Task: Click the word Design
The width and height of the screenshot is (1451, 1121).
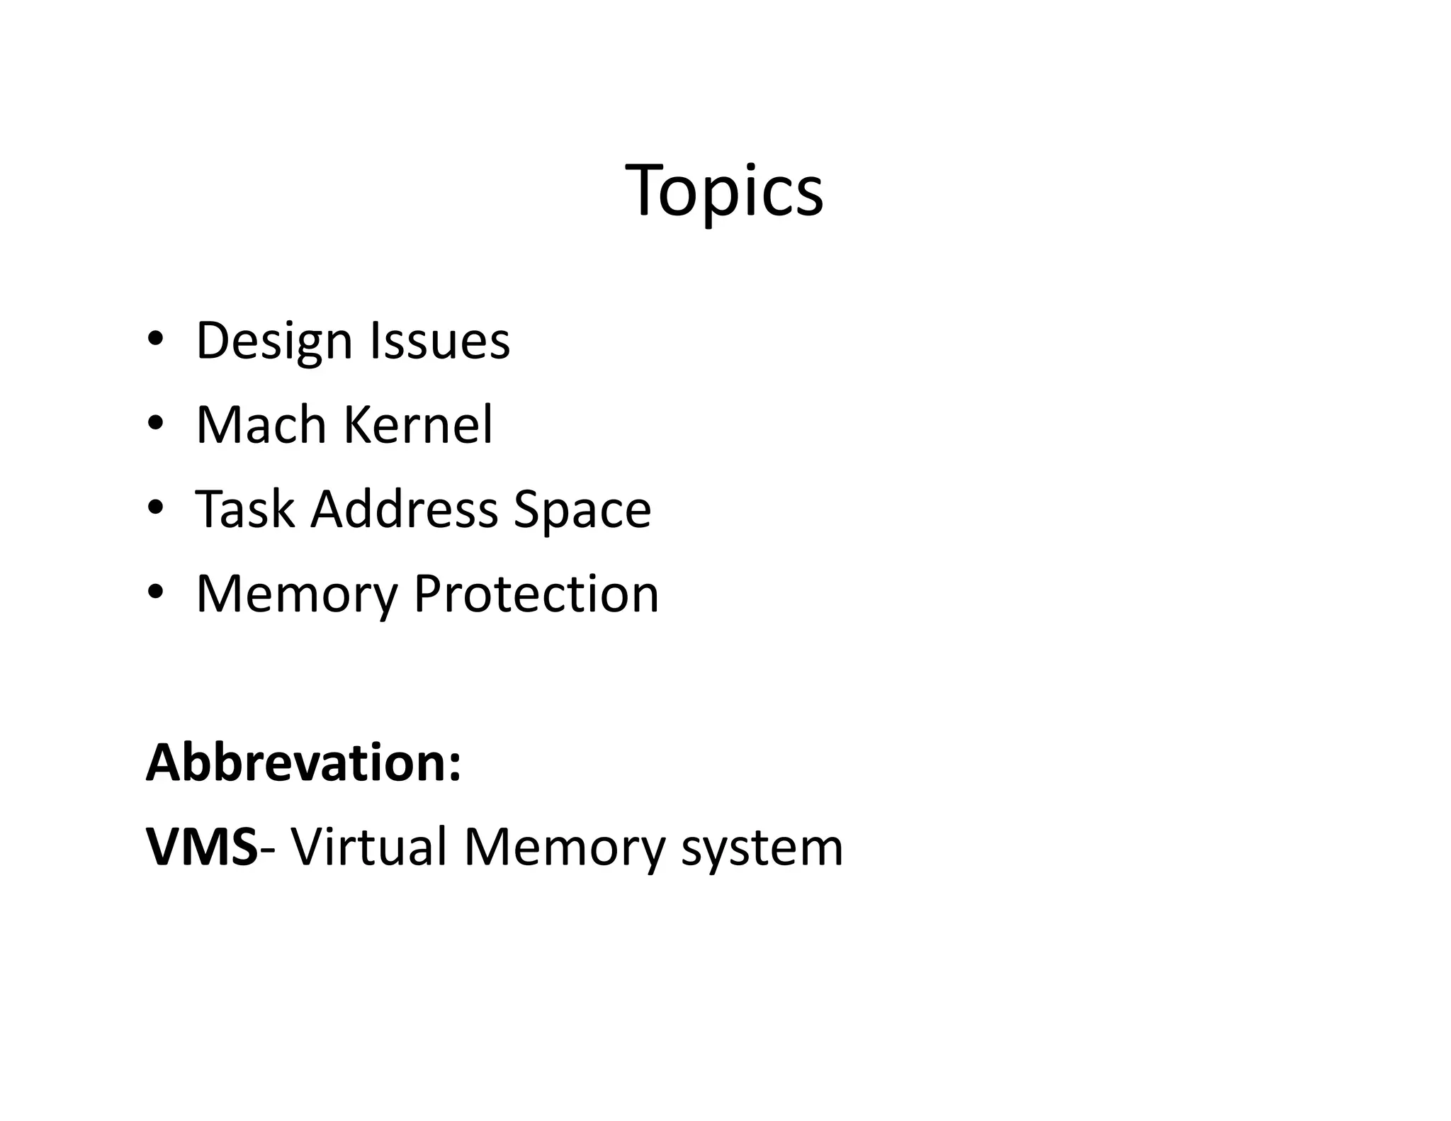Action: point(273,342)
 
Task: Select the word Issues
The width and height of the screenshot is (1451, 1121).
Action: point(439,340)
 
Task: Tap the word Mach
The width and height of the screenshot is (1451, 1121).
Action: point(260,424)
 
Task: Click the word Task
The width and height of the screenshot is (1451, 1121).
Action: point(244,509)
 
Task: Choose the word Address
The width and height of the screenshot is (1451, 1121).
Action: point(404,509)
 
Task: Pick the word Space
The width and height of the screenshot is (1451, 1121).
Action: point(582,510)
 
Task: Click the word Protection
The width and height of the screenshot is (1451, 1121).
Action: point(536,593)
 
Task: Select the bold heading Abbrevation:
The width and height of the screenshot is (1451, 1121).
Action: point(303,762)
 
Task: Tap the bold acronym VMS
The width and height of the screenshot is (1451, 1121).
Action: point(202,846)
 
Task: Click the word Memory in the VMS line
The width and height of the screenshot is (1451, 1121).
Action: point(564,847)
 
